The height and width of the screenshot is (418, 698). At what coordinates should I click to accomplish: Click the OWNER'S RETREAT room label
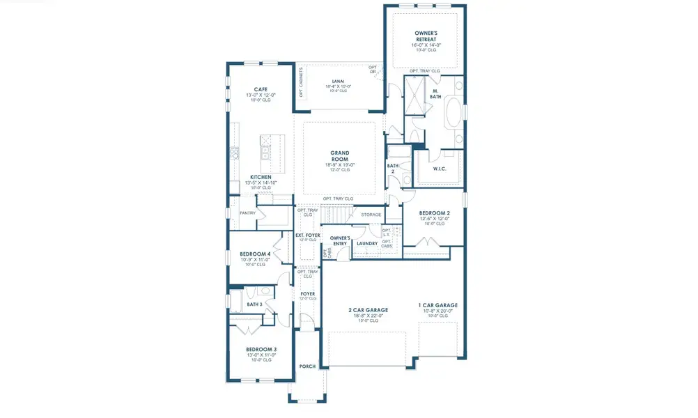click(x=425, y=36)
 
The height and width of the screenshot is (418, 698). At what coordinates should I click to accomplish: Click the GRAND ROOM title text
click(x=340, y=156)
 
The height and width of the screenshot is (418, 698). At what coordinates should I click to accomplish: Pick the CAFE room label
click(x=261, y=89)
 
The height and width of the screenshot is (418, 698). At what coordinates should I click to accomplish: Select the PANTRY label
click(x=247, y=213)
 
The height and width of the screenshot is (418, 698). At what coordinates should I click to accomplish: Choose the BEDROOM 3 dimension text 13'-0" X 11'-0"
click(x=261, y=355)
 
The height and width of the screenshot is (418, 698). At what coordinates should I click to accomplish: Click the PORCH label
click(x=307, y=366)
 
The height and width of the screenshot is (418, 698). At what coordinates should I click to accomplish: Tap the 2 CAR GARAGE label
click(x=368, y=310)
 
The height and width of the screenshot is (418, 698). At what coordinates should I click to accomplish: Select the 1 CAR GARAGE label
click(x=437, y=306)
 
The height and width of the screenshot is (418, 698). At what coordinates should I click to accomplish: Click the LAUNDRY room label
click(x=366, y=243)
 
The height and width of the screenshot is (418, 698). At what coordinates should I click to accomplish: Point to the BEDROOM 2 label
click(x=434, y=212)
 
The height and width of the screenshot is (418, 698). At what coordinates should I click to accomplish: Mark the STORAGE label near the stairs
click(x=371, y=215)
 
